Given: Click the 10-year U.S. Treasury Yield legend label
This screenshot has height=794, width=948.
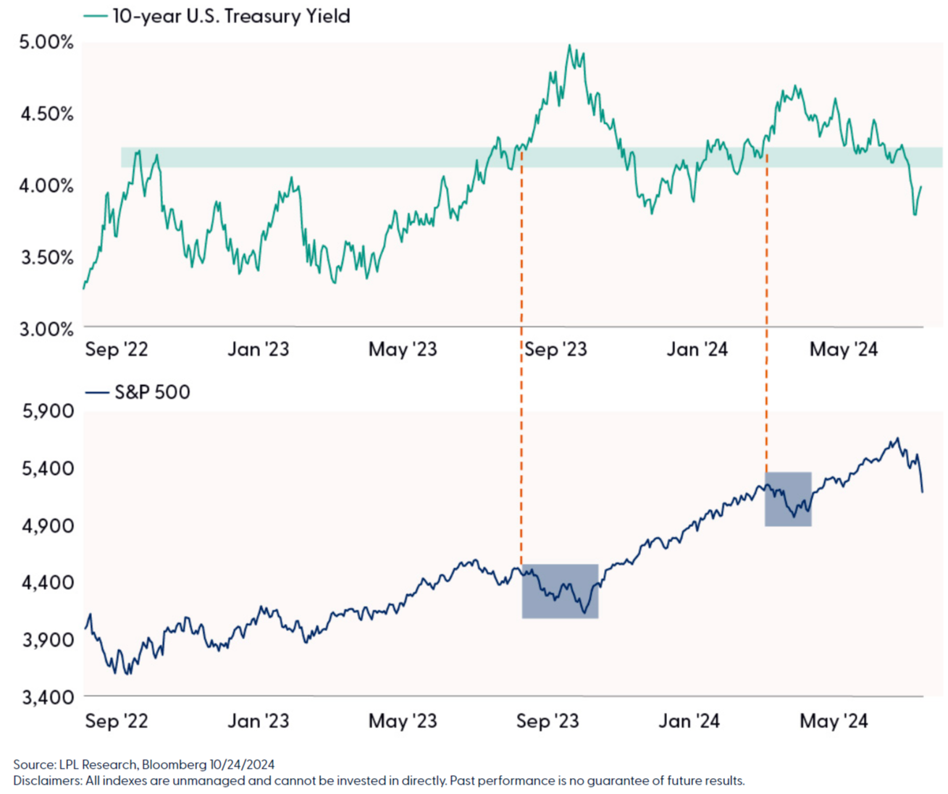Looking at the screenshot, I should click(x=231, y=16).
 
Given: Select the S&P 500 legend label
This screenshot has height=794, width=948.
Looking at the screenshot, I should click(x=152, y=392).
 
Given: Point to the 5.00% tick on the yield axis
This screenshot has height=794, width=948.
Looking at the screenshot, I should click(x=46, y=42).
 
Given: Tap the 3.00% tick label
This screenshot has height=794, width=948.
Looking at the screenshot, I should click(x=46, y=329).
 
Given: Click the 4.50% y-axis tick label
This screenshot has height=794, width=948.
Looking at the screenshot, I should click(x=46, y=114).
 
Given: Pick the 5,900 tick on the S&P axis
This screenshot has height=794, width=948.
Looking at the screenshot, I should click(x=48, y=411).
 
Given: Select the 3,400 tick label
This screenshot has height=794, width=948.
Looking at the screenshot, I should click(x=48, y=697).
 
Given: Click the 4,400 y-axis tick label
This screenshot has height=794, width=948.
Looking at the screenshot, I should click(x=48, y=583).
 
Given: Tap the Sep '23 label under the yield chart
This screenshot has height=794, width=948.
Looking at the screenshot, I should click(x=555, y=350).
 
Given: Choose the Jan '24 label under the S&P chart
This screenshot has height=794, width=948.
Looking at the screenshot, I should click(x=689, y=721).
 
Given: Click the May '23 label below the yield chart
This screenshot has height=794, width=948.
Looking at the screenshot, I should click(x=403, y=350).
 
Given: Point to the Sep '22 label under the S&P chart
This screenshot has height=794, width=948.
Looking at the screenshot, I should click(x=117, y=721).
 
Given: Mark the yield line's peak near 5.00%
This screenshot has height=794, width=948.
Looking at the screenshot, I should click(x=570, y=46).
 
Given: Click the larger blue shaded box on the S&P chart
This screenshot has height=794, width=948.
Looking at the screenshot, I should click(x=560, y=591).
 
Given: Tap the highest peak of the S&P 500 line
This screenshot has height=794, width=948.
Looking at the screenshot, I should click(x=897, y=438).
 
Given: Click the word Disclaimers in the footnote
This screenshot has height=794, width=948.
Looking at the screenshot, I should click(x=46, y=781).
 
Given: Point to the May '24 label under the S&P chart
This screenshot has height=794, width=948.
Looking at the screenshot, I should click(x=834, y=721).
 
